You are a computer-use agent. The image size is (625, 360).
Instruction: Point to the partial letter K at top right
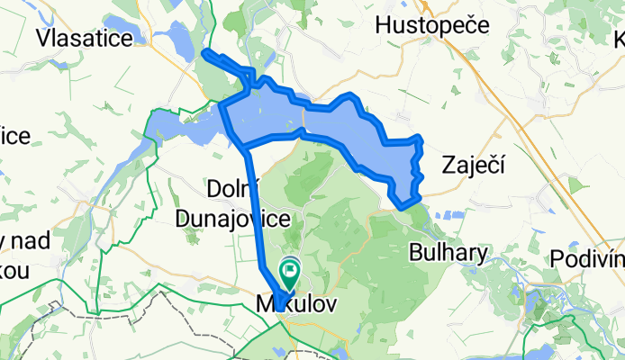point(619,40)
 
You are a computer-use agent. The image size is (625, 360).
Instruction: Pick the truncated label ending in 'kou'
point(15,270)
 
